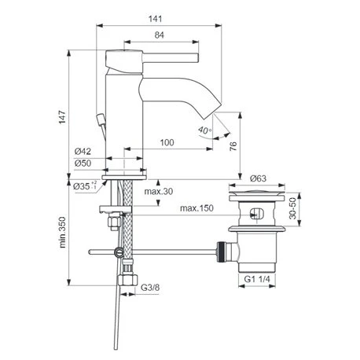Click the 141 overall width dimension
click(155, 19)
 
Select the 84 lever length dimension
click(160, 35)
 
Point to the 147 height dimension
click(62, 117)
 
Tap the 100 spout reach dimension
click(167, 142)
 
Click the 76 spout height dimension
click(233, 146)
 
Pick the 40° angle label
click(204, 130)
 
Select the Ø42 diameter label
click(83, 151)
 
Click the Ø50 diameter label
click(83, 163)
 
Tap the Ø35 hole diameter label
click(85, 186)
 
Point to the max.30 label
click(159, 191)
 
